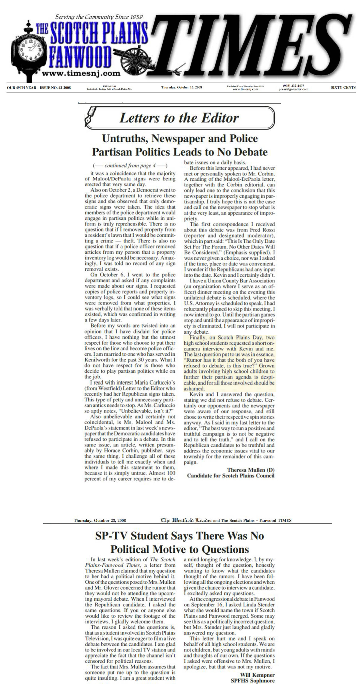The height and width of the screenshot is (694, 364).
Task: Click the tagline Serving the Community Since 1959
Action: pos(99,17)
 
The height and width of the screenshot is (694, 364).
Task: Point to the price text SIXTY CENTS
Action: pos(343,88)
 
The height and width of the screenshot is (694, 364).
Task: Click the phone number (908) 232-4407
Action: pos(293,86)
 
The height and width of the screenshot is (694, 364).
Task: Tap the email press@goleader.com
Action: pos(293,89)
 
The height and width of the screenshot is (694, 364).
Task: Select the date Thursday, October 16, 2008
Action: pos(181,87)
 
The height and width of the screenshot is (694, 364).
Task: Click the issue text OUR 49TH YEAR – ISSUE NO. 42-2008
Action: pos(39,88)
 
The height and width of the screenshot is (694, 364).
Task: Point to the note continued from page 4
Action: pos(130,165)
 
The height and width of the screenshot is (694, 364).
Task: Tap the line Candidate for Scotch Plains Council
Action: pos(231,476)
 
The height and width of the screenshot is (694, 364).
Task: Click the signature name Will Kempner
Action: pos(257,675)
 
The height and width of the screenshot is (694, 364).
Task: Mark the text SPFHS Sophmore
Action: pos(252,681)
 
